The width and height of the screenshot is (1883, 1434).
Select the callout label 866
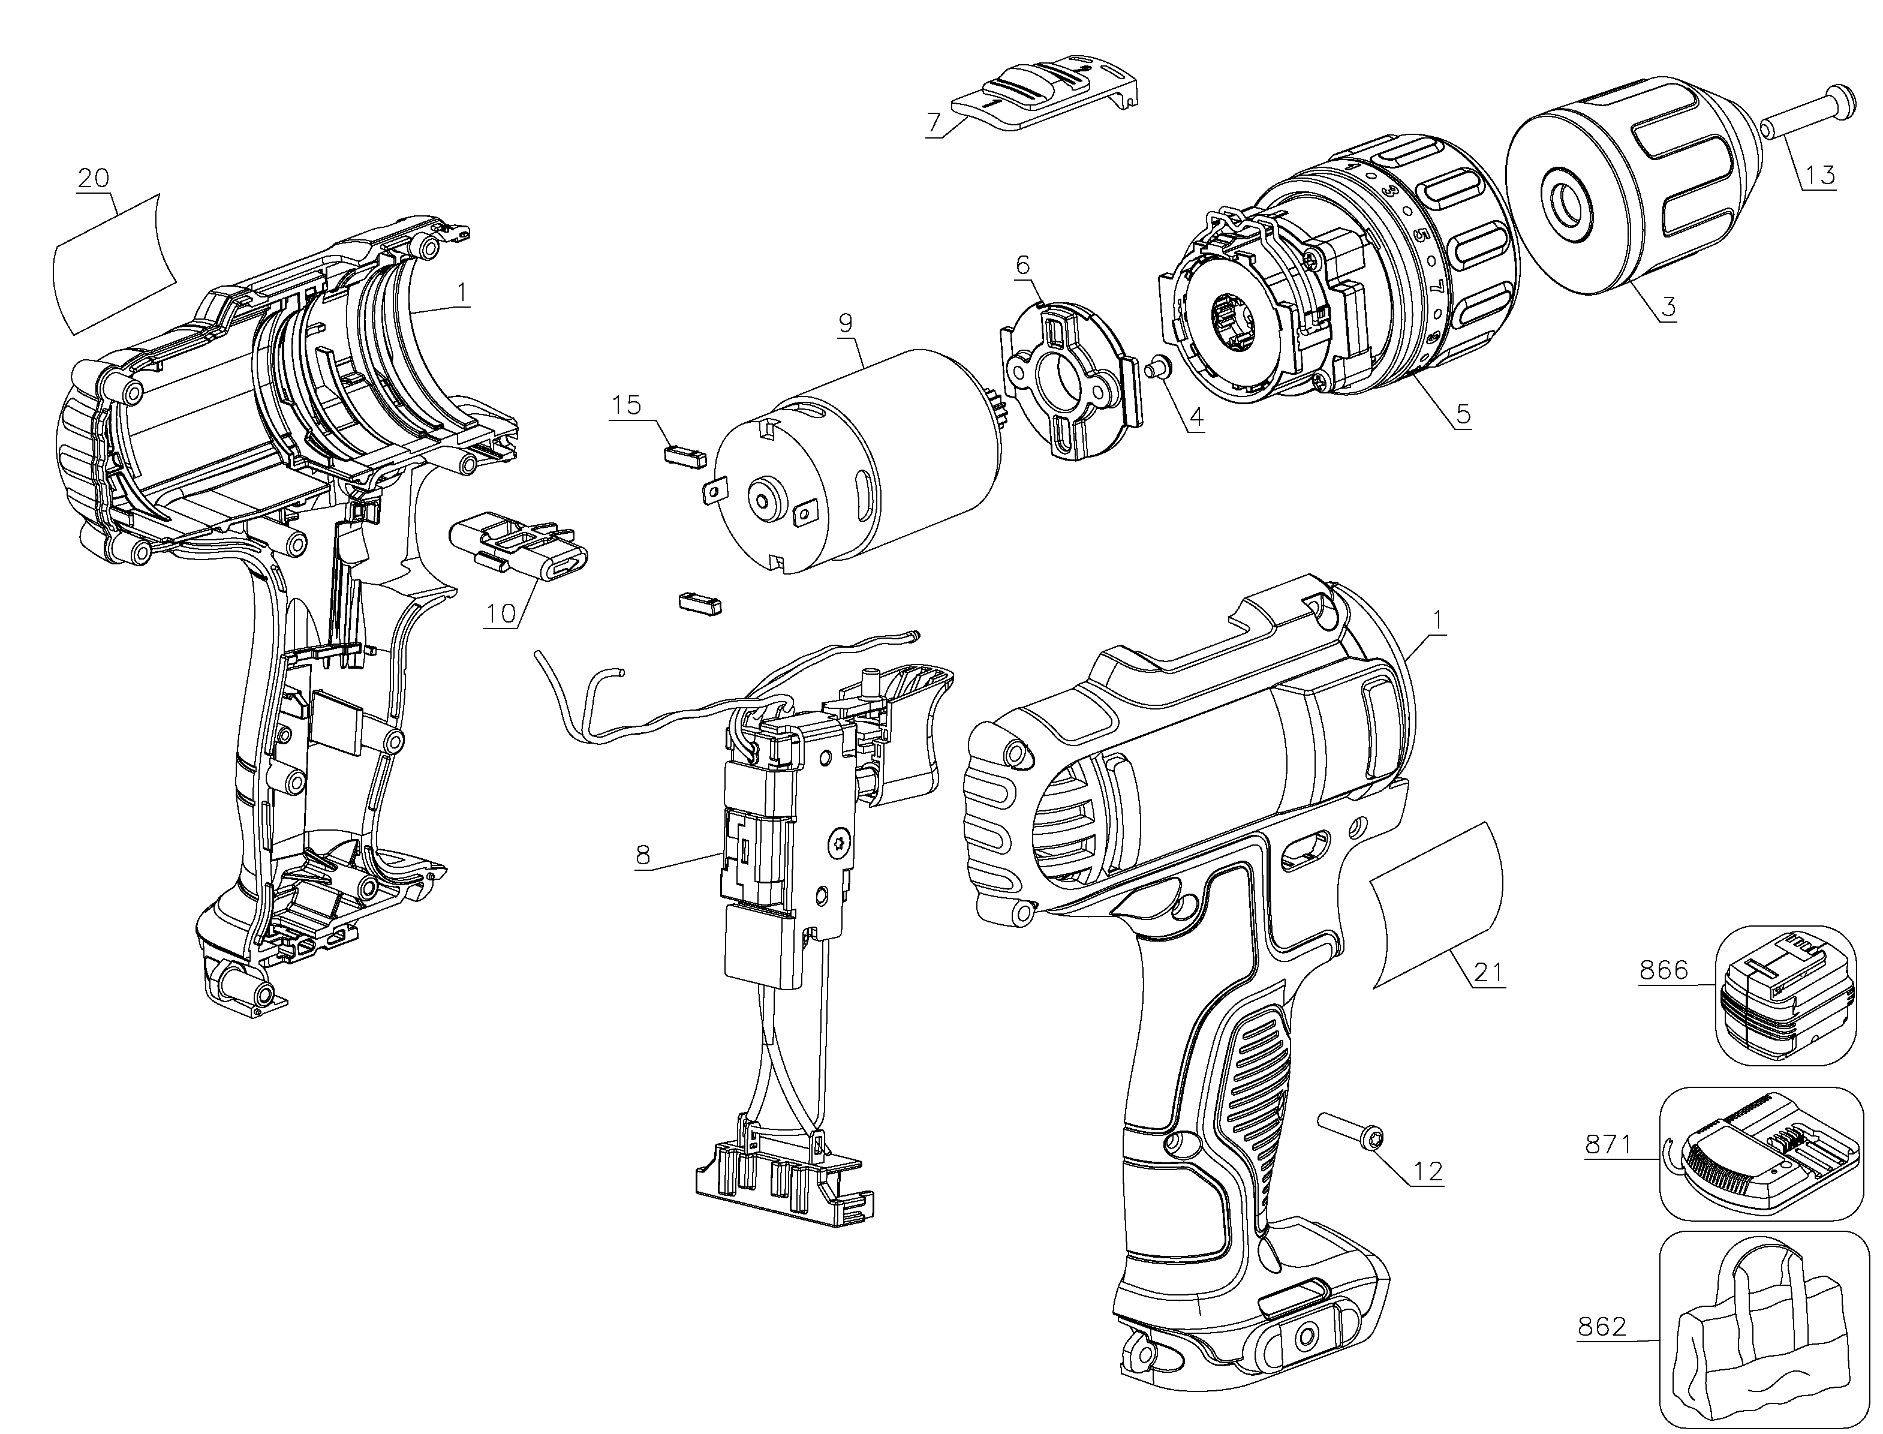coord(1664,970)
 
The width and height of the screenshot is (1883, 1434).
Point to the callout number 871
coord(1609,1143)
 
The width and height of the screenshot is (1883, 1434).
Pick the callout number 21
coord(1488,972)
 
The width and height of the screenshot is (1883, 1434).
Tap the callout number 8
coord(643,855)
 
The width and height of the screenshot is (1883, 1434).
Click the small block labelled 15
coord(685,453)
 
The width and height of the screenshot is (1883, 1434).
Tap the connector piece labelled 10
coord(518,546)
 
